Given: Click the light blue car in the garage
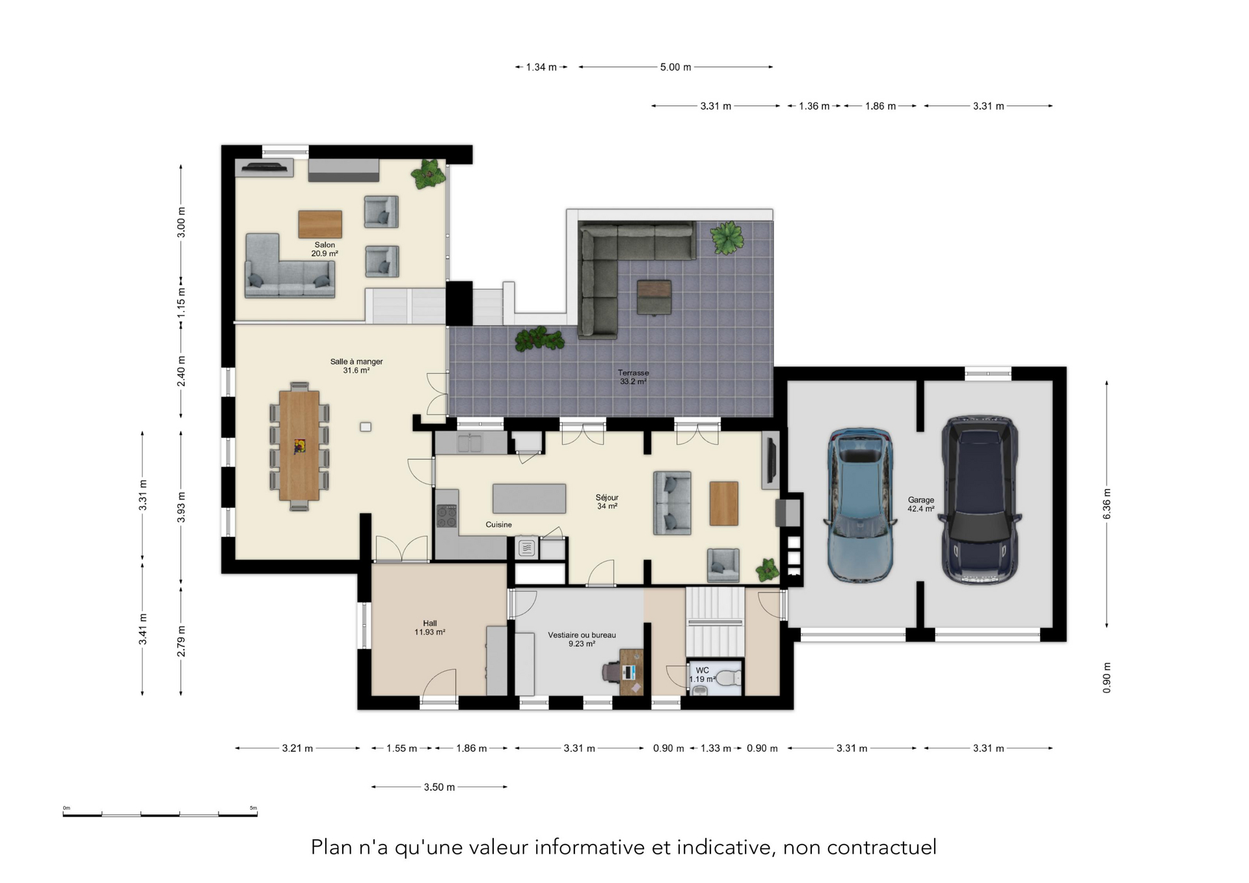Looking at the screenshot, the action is (859, 505).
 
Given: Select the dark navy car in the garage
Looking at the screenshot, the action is (980, 499).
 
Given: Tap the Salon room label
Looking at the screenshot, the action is (325, 249).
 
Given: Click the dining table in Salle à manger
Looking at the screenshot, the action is (299, 445).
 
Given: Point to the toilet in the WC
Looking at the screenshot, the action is (732, 678).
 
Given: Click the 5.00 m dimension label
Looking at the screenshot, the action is (675, 67).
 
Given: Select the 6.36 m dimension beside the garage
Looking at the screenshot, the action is (1107, 504).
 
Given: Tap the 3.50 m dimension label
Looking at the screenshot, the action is (439, 787).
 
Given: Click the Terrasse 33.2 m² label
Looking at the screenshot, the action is (633, 377).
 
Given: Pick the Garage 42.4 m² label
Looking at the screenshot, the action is (921, 505).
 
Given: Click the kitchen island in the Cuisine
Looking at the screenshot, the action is (529, 499).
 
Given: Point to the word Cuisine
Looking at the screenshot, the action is (499, 525).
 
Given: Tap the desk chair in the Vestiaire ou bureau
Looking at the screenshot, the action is (612, 672).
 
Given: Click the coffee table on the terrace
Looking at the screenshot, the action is (654, 297).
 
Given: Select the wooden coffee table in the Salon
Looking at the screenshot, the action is (320, 224).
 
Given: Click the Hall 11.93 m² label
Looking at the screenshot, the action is (430, 627).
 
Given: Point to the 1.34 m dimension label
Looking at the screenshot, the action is (541, 67).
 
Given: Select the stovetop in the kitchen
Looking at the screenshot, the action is (446, 516).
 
